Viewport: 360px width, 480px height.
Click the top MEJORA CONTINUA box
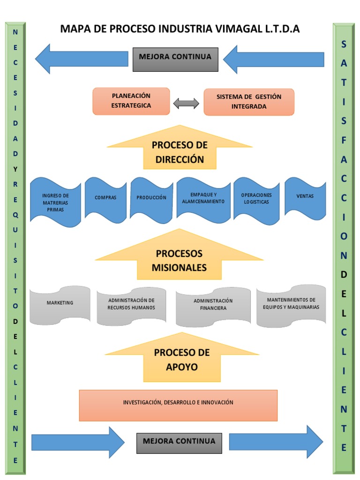pyautogui.click(x=175, y=59)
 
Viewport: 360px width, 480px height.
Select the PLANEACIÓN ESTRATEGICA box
pyautogui.click(x=131, y=101)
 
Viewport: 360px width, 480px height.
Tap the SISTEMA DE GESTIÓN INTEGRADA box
pyautogui.click(x=249, y=102)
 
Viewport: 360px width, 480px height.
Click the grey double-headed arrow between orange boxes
pyautogui.click(x=186, y=104)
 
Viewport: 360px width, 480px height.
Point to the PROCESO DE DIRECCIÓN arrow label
pyautogui.click(x=180, y=152)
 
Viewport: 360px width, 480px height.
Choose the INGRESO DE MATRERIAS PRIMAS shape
pyautogui.click(x=55, y=202)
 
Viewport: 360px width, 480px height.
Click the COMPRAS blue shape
pyautogui.click(x=105, y=198)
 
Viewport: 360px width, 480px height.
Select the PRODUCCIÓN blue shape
pyautogui.click(x=151, y=198)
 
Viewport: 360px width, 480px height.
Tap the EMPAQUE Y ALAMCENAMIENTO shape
pyautogui.click(x=203, y=198)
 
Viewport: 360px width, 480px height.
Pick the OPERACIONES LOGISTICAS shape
pyautogui.click(x=256, y=198)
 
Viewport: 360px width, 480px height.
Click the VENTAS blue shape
pyautogui.click(x=305, y=196)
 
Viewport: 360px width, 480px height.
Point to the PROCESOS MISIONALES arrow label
pyautogui.click(x=179, y=261)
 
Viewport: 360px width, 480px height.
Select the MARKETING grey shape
pyautogui.click(x=60, y=303)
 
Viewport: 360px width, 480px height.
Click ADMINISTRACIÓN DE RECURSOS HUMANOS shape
pyautogui.click(x=131, y=304)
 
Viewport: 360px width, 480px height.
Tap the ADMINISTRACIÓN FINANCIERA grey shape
pyautogui.click(x=213, y=305)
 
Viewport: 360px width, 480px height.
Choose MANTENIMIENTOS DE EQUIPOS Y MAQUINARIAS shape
pyautogui.click(x=291, y=304)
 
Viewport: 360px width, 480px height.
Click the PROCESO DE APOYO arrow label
pyautogui.click(x=175, y=360)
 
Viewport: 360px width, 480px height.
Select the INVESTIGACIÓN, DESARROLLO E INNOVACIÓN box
pyautogui.click(x=178, y=403)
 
